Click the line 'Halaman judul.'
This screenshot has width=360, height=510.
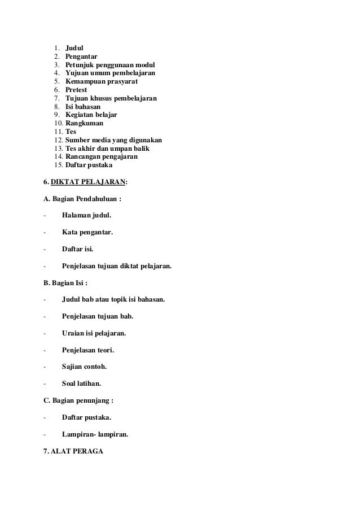tap(86, 215)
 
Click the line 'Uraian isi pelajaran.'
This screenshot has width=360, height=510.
tap(94, 333)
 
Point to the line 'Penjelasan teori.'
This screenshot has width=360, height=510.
tap(90, 350)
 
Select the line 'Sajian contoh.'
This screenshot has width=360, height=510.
tap(84, 367)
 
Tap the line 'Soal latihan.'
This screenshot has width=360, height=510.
tap(81, 383)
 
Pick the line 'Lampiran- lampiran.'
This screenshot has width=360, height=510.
tap(95, 434)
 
